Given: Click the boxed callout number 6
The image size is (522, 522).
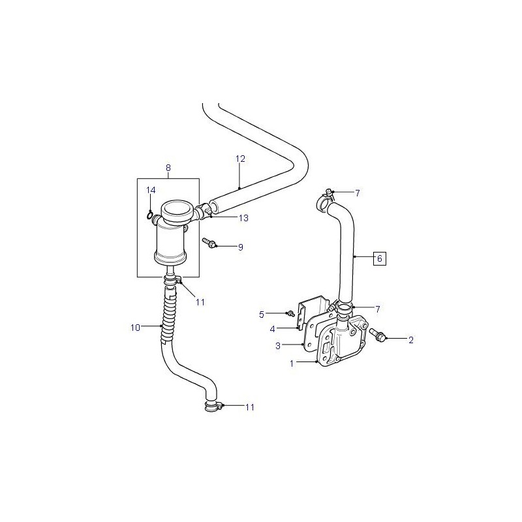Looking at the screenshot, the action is click(380, 258).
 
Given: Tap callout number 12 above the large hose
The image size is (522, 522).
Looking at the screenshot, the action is click(240, 159).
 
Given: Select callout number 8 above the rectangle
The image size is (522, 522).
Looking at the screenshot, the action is click(168, 168).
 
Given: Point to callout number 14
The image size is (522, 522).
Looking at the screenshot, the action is click(151, 190).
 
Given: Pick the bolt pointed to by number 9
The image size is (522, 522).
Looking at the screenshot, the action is click(209, 242).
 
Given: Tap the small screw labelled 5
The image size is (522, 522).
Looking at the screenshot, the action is click(290, 313).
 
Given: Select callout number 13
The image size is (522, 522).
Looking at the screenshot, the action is click(243, 218).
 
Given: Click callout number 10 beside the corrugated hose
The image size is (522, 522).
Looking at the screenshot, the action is click(135, 328).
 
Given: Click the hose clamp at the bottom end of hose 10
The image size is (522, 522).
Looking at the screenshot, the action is click(213, 407).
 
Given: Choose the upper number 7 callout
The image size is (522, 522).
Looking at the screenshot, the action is click(357, 193).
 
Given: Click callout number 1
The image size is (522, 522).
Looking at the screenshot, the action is click(292, 364).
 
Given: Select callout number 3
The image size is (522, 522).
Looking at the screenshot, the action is click(278, 346).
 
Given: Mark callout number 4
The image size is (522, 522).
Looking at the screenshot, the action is click(272, 330).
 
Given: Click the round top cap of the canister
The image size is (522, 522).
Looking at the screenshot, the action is click(177, 209).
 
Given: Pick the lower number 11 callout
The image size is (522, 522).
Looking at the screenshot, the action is click(250, 407).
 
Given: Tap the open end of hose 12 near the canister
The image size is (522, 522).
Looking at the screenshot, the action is click(213, 206).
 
